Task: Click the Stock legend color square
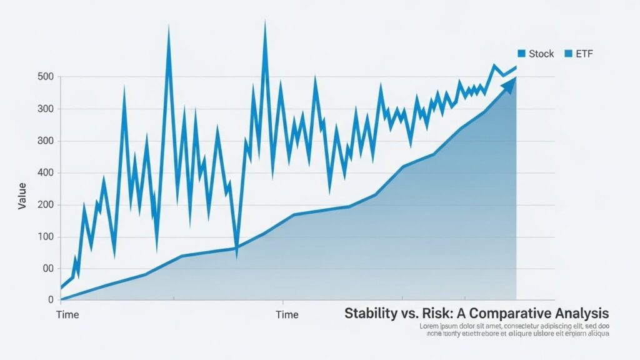tap(521, 54)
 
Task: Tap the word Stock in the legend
tap(541, 54)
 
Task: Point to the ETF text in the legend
tap(584, 54)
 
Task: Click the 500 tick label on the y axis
tap(46, 77)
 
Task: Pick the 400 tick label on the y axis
tap(46, 173)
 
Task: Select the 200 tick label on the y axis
tap(46, 205)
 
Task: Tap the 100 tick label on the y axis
tap(46, 237)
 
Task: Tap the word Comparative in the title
tap(507, 313)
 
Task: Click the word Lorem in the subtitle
tap(429, 326)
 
